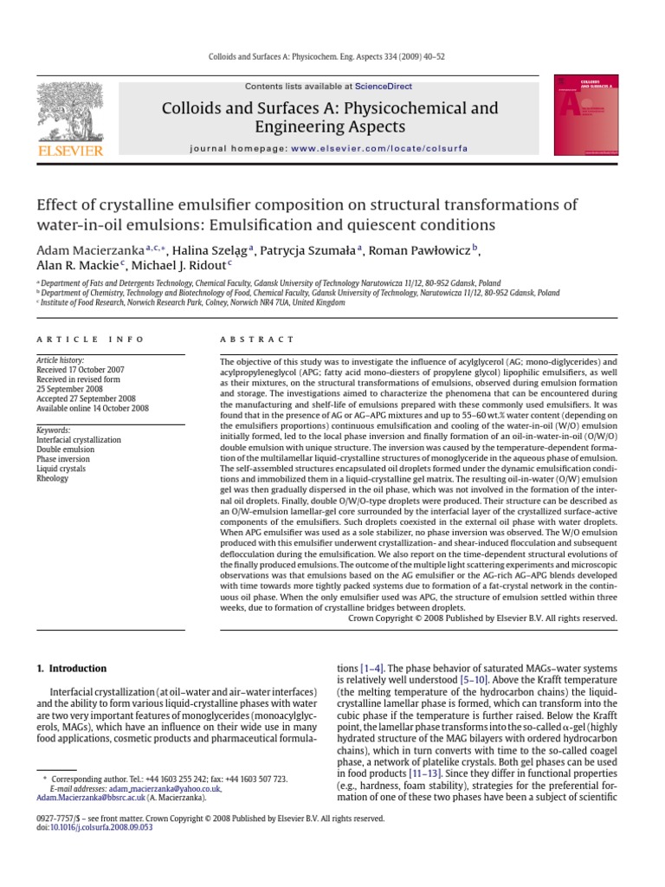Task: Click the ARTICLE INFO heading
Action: click(x=90, y=340)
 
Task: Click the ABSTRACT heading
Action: click(x=257, y=340)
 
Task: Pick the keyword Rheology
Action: click(x=53, y=478)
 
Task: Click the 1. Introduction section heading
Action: click(x=72, y=669)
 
